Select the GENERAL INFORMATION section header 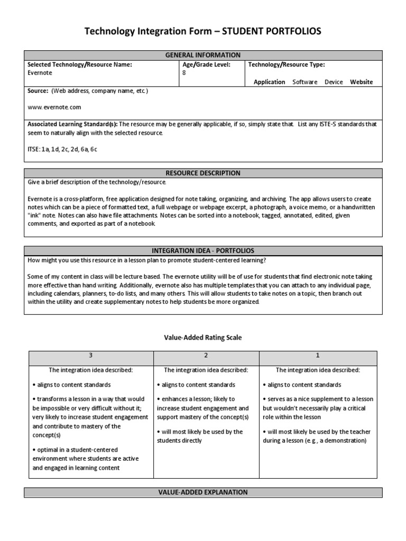(203, 55)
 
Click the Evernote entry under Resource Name (40, 73)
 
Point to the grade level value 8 (184, 73)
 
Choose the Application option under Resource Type (269, 82)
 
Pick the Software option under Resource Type (306, 82)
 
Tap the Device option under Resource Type (334, 82)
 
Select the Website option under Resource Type (361, 82)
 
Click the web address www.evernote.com (54, 107)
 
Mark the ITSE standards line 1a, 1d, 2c (62, 150)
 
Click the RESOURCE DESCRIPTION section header (203, 173)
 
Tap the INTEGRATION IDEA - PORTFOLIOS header (203, 250)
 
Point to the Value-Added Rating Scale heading (203, 338)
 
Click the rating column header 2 (206, 356)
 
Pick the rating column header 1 (318, 356)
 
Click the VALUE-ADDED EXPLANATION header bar (203, 492)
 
